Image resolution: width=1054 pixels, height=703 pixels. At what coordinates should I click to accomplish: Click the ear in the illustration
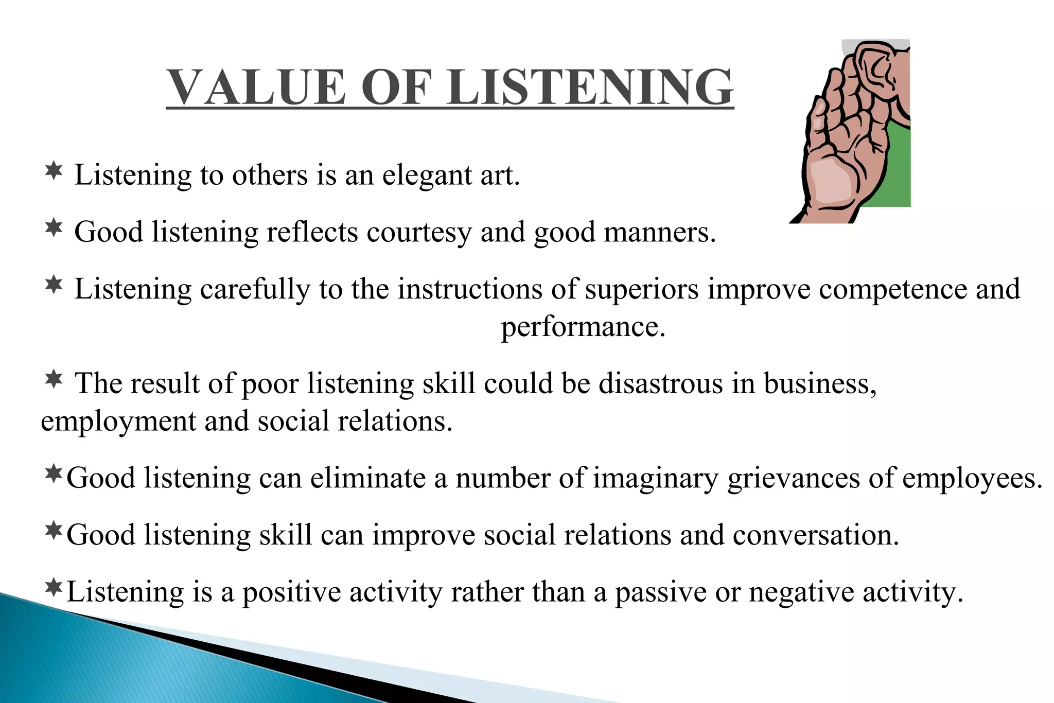coord(875,69)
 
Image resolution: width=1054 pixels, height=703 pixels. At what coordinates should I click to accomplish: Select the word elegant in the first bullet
coord(427,176)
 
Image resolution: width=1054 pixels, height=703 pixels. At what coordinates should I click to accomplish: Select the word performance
coord(583,327)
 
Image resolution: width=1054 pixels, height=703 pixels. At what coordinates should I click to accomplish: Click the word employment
coord(118,422)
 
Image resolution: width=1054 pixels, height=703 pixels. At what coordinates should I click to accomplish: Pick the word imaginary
coord(655,479)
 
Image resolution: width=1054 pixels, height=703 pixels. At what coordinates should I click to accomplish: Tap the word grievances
coord(793,479)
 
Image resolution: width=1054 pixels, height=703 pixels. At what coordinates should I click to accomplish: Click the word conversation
coord(816,535)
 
